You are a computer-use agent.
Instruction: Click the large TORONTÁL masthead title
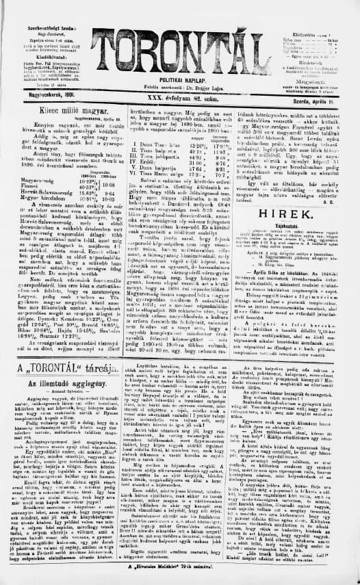tap(181, 40)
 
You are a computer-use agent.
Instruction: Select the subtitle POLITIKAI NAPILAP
tap(180, 79)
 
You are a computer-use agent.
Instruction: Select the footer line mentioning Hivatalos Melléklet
tap(180, 577)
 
